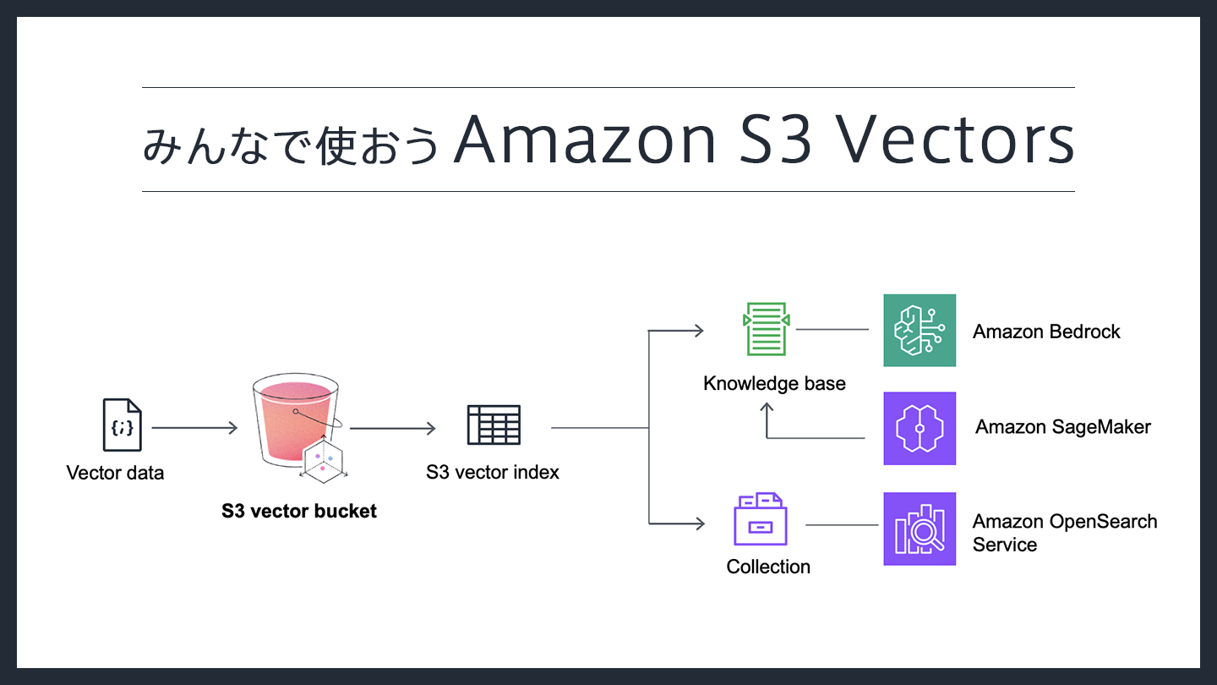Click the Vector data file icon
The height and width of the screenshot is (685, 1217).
(x=122, y=425)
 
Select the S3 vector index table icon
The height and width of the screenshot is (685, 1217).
(x=494, y=425)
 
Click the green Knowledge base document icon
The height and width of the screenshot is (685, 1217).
(x=767, y=330)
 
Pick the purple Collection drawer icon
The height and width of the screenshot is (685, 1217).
(x=760, y=519)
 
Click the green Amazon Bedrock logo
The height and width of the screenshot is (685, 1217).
(x=920, y=331)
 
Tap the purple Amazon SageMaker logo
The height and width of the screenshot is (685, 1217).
(x=920, y=428)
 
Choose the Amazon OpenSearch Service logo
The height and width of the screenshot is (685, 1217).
(x=920, y=529)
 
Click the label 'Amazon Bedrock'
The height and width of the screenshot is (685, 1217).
(x=1046, y=332)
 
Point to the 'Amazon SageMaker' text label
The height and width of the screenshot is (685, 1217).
(x=1063, y=427)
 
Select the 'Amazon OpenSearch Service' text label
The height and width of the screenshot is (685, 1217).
(x=1064, y=533)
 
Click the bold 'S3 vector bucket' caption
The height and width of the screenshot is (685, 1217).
(x=299, y=511)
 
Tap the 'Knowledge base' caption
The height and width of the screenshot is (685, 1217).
(x=774, y=384)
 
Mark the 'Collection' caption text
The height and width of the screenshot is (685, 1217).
(x=768, y=567)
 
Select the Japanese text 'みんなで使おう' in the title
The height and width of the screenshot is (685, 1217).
(x=292, y=144)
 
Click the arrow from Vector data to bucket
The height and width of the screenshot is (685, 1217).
(x=194, y=428)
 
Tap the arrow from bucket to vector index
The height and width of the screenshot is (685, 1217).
(x=392, y=428)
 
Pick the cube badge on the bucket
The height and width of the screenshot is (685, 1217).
(x=325, y=461)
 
